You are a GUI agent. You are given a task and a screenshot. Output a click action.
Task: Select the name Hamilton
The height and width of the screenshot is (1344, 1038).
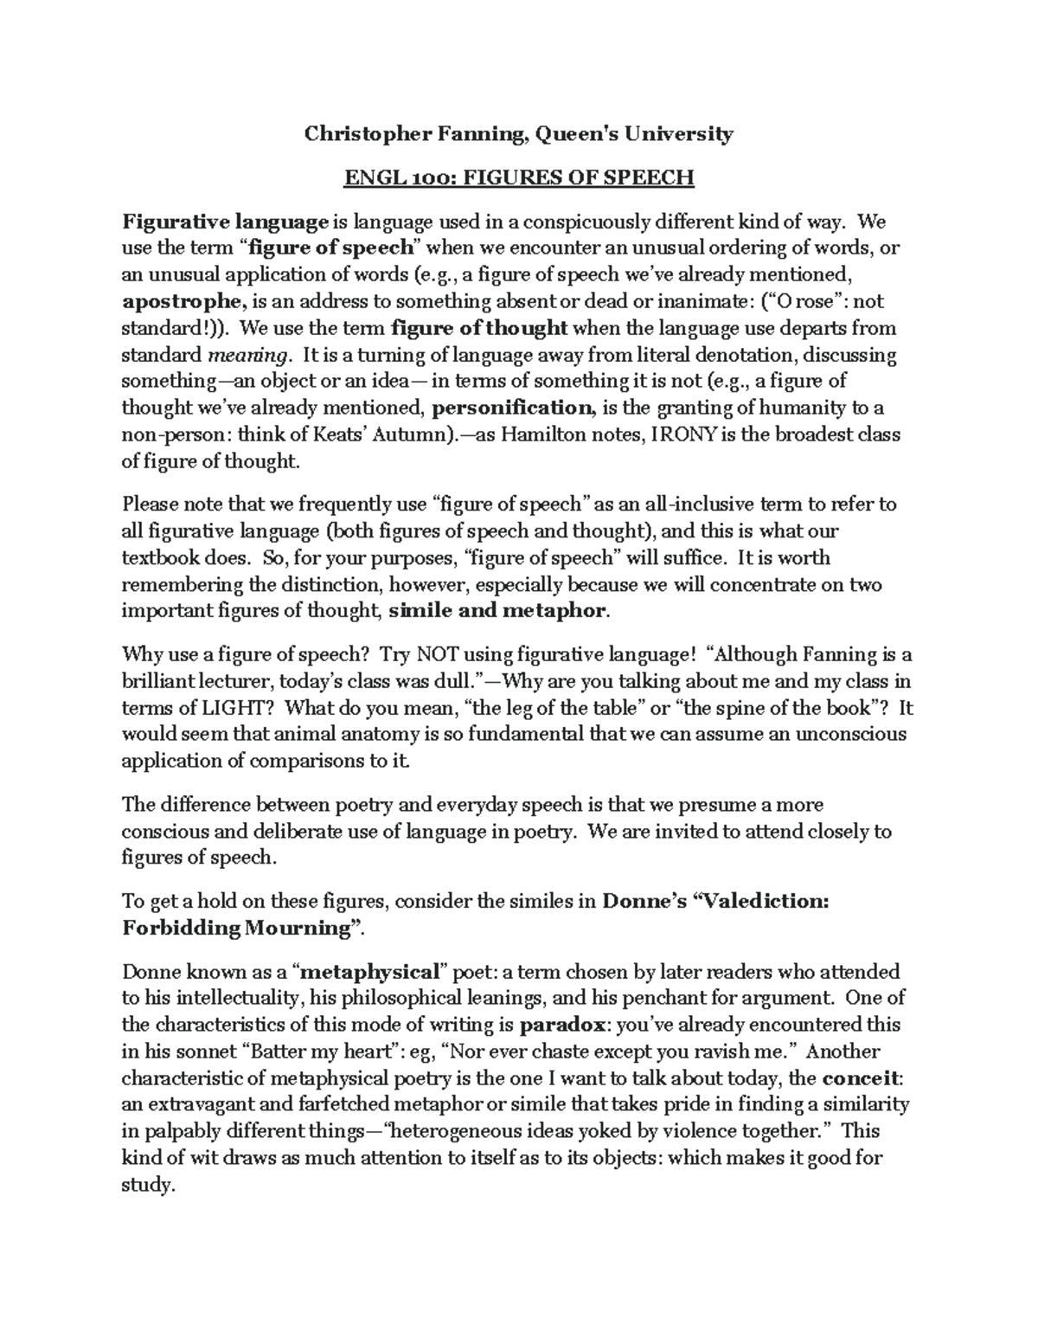coord(545,434)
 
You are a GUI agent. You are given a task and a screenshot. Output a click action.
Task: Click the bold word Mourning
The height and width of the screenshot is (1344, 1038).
coord(293,929)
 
